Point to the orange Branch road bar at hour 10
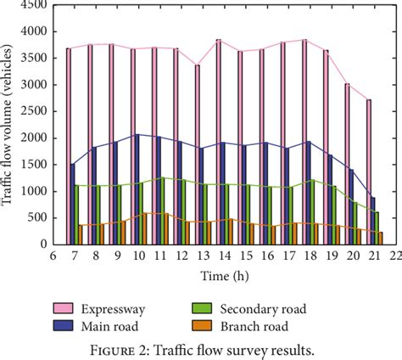145,228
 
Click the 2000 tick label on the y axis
34,138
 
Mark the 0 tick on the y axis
44,245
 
